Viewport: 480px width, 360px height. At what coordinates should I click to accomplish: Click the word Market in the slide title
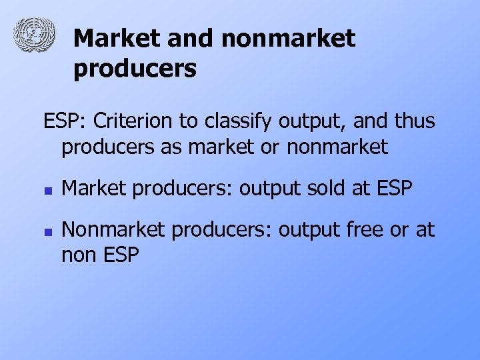117,39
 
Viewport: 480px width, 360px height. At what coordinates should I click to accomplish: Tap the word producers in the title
135,68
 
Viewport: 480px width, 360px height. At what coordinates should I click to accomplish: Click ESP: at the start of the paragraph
65,122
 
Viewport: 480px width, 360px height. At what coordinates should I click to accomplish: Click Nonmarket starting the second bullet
114,230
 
